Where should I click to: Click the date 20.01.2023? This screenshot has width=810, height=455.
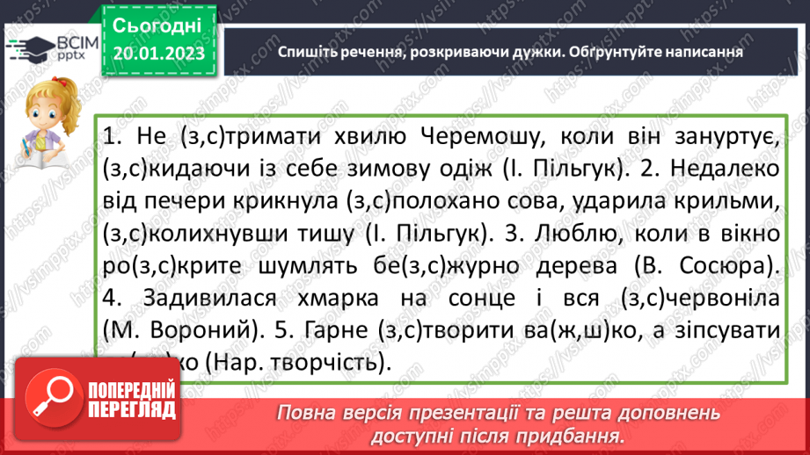coord(157,53)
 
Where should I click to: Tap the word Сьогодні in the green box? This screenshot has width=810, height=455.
coord(157,24)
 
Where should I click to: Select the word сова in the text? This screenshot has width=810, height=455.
coord(539,202)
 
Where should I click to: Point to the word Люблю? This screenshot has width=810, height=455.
coord(605,234)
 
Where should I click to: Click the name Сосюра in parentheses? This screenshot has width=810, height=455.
coord(734,265)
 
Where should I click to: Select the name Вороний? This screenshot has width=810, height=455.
coord(195,330)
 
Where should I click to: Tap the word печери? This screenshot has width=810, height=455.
coord(184,202)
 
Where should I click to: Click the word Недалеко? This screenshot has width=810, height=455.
coord(713,170)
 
